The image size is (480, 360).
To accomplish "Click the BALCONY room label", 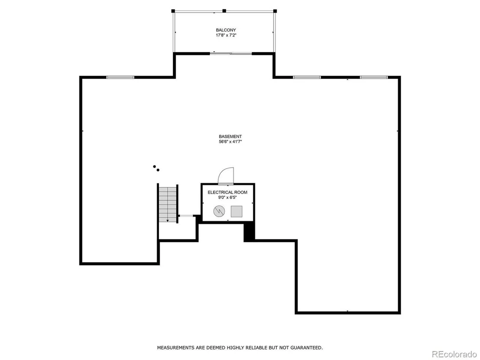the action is (226, 30).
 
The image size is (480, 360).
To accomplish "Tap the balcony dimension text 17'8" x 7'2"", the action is (226, 35).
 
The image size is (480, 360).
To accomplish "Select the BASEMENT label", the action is (230, 136).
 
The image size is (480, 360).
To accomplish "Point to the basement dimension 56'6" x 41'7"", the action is (230, 142).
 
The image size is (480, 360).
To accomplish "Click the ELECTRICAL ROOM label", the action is (227, 192).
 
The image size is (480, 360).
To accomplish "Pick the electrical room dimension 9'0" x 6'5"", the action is (227, 198).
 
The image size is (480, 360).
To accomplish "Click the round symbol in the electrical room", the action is (219, 211).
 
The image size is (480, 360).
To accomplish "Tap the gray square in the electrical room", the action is (237, 211).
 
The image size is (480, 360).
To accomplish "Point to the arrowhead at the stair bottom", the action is (168, 220).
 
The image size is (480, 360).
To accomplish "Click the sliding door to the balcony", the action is (231, 54).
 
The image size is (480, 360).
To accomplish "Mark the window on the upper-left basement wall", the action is (120, 77).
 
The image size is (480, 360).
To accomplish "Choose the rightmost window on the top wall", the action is (374, 77).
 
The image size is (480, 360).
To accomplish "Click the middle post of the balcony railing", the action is (224, 11).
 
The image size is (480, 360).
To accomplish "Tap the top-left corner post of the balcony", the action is (173, 11).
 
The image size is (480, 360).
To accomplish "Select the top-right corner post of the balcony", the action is (275, 11).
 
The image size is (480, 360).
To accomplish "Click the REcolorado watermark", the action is (454, 354).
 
